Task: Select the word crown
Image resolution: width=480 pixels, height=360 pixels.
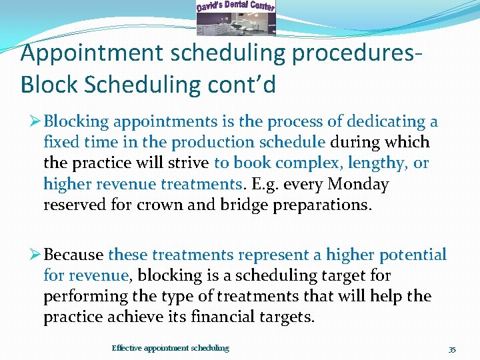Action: [158, 205]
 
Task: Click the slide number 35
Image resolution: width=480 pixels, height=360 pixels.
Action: [452, 349]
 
